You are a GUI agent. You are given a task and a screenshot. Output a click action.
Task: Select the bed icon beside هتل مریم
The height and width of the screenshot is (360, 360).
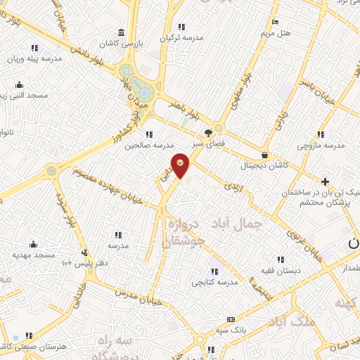tap(275, 22)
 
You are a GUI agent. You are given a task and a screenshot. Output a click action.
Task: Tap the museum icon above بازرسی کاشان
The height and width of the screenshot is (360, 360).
tap(122, 32)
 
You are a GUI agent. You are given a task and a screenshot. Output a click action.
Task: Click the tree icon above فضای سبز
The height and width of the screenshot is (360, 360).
tap(208, 131)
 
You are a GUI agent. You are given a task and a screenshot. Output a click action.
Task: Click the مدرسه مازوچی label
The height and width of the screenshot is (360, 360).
tap(321, 146)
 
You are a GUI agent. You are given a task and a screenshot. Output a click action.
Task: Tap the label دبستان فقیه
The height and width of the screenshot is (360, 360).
tap(281, 270)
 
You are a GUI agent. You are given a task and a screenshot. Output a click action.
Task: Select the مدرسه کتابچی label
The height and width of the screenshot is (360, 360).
tap(215, 282)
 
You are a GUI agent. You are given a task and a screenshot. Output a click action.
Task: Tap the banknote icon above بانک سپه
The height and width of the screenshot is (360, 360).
tap(231, 319)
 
